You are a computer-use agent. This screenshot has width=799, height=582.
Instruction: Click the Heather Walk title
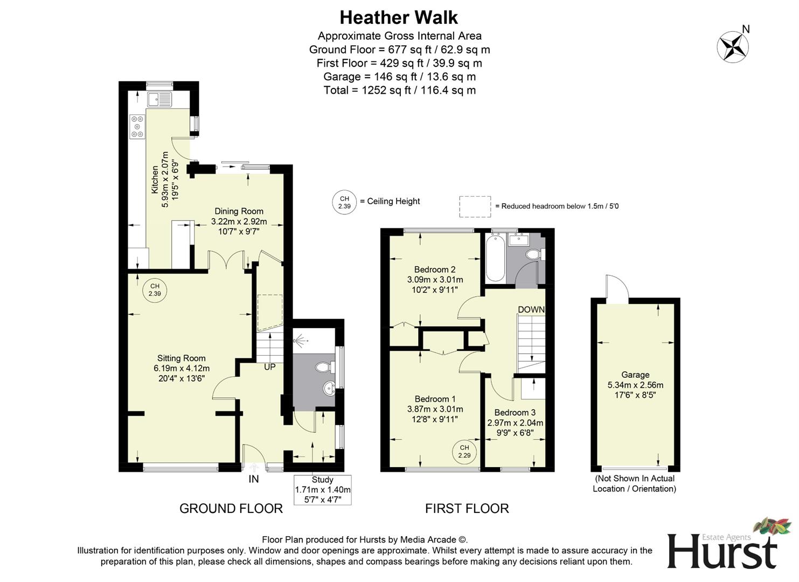399,18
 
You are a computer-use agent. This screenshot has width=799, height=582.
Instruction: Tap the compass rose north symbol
733,46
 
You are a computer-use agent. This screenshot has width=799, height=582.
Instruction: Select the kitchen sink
159,99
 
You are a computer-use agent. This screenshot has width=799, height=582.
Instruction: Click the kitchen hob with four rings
137,127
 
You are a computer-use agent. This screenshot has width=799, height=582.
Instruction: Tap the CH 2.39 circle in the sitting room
155,290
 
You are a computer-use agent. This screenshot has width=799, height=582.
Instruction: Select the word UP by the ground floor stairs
269,367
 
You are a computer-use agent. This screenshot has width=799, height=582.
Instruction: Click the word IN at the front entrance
253,479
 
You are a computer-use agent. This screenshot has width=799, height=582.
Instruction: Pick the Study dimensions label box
322,490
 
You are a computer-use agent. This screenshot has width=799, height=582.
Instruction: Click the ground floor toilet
324,368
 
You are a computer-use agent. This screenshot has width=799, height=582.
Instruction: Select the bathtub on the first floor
494,258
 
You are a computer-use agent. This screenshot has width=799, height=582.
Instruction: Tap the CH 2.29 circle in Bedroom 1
464,452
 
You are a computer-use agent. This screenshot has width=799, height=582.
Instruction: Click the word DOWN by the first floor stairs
531,309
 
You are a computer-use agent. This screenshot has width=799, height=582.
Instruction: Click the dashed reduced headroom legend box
475,206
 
